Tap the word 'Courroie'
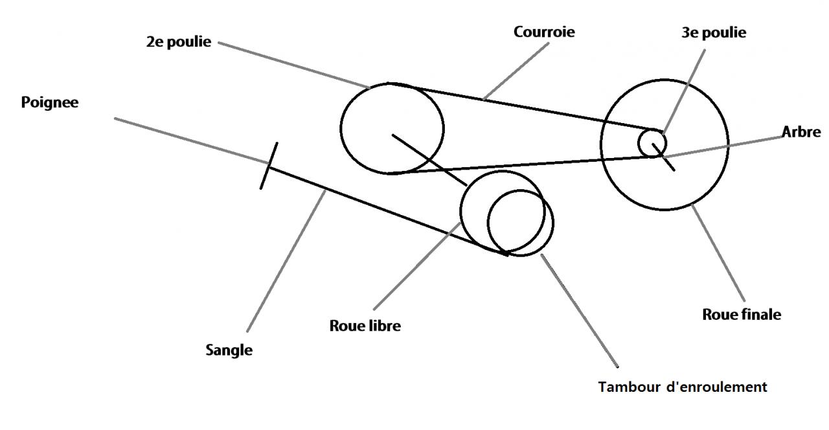pos(544,32)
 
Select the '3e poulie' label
pos(713,33)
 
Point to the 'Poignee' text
pos(50,102)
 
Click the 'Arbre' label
pos(801,132)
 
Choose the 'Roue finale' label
pos(742,315)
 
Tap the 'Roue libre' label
pos(365,326)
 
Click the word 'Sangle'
pos(229,350)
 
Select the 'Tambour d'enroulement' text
pos(683,387)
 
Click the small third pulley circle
pos(652,142)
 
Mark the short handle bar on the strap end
pos(269,166)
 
